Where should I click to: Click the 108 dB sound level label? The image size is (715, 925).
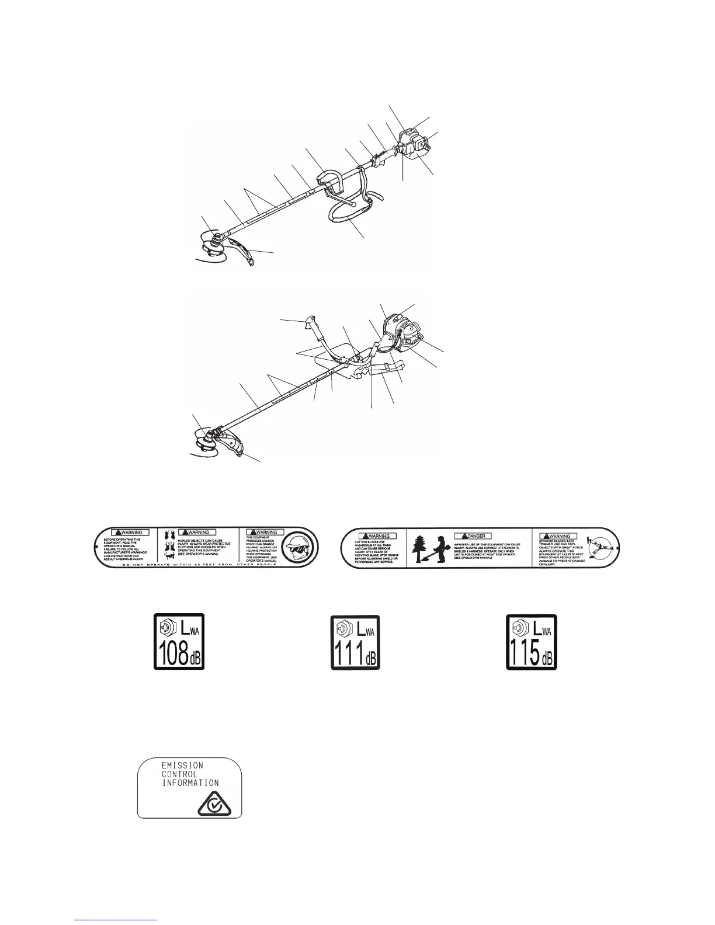pyautogui.click(x=179, y=641)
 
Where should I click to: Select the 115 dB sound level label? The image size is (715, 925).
pyautogui.click(x=531, y=641)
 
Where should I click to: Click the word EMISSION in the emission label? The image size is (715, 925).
pyautogui.click(x=182, y=765)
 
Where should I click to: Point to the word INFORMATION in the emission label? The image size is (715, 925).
pyautogui.click(x=190, y=783)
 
